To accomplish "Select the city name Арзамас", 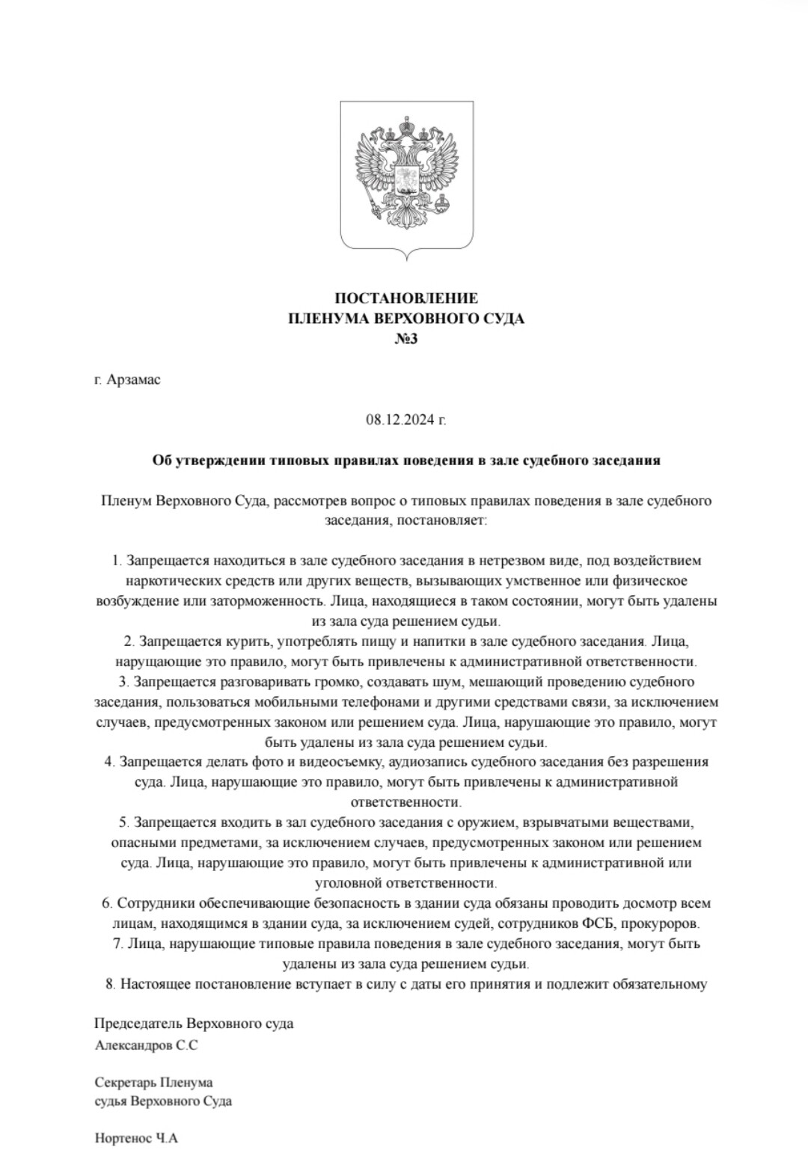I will coord(134,380).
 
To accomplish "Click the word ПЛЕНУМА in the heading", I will coord(326,319).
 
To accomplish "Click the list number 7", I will coord(117,944).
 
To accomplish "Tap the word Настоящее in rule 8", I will coord(154,984).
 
